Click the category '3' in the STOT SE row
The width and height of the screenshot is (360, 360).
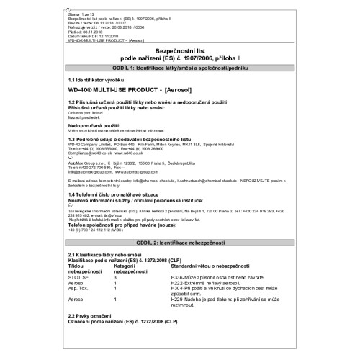coord(115,276)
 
